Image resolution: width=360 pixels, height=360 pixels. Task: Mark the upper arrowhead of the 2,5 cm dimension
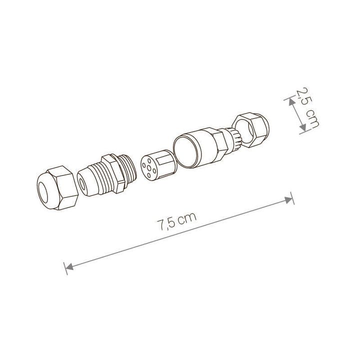[x=289, y=101]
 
